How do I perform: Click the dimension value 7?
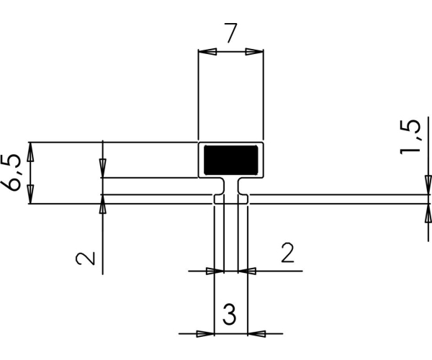click(230, 33)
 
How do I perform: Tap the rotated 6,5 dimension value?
click(11, 172)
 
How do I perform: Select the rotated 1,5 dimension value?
click(410, 137)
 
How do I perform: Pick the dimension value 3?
click(229, 315)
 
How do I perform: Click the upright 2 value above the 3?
click(287, 252)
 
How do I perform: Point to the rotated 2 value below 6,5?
click(86, 258)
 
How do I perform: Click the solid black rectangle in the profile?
click(231, 160)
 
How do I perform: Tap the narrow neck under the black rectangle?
click(231, 186)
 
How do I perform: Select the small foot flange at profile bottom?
click(231, 199)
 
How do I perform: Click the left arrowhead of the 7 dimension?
click(207, 52)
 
